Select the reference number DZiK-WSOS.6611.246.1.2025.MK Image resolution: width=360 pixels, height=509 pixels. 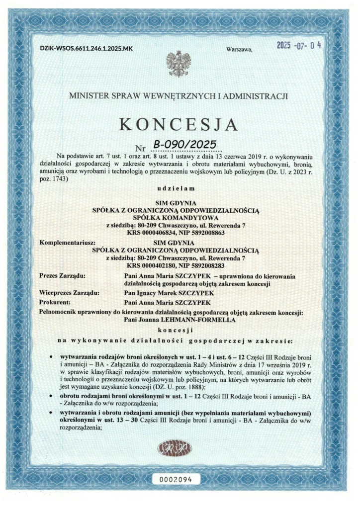[x=87, y=49]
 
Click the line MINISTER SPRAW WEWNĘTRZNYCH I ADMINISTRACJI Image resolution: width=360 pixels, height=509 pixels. [x=178, y=96]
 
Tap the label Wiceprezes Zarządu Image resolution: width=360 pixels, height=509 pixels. [x=69, y=293]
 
